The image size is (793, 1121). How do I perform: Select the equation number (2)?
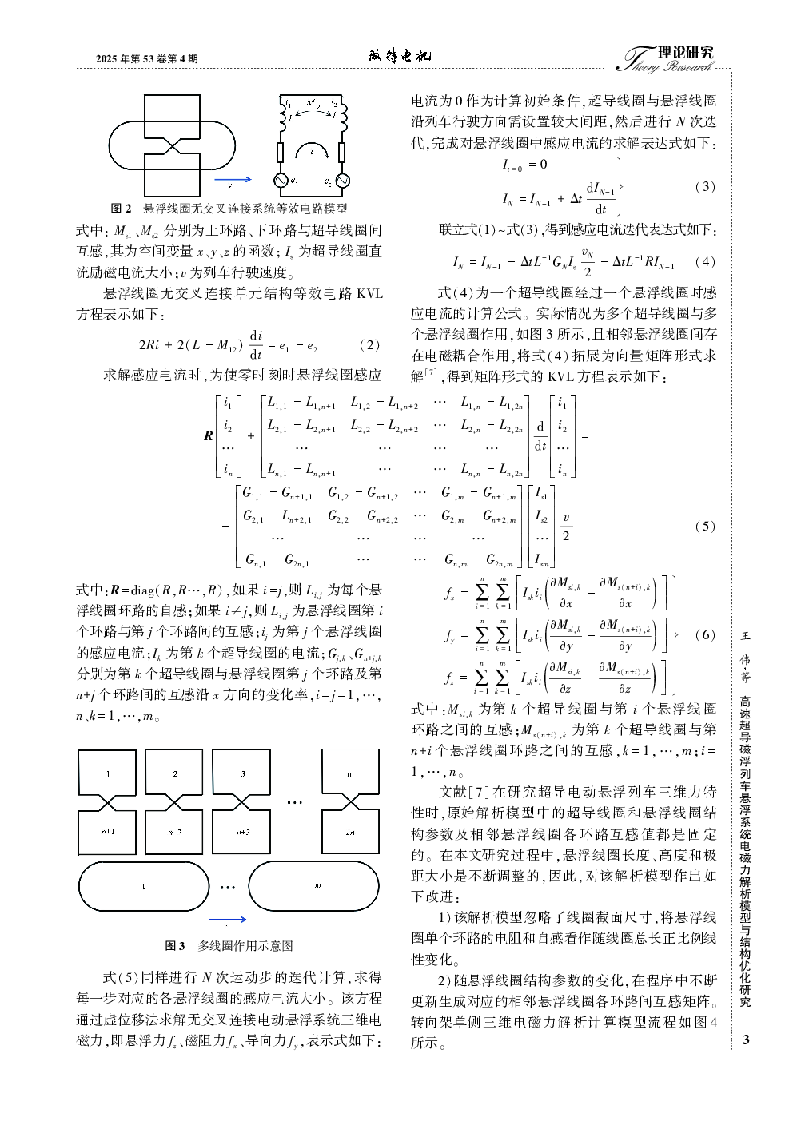tap(369, 345)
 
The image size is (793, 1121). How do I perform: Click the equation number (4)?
tap(705, 261)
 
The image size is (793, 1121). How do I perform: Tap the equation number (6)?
tap(705, 635)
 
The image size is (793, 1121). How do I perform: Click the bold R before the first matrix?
tap(209, 436)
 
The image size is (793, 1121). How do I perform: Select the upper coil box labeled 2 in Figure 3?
tap(175, 774)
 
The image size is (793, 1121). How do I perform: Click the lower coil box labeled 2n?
tap(350, 833)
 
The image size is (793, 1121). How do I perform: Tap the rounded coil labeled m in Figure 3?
tap(317, 887)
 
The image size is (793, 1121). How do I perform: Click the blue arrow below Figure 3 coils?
tap(227, 920)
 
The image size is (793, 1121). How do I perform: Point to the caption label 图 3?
tap(175, 946)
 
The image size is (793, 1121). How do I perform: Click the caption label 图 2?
tap(122, 209)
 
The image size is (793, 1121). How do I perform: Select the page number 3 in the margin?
tap(746, 1040)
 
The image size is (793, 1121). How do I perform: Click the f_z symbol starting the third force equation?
tap(449, 678)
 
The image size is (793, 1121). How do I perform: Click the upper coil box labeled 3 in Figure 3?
tap(243, 774)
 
